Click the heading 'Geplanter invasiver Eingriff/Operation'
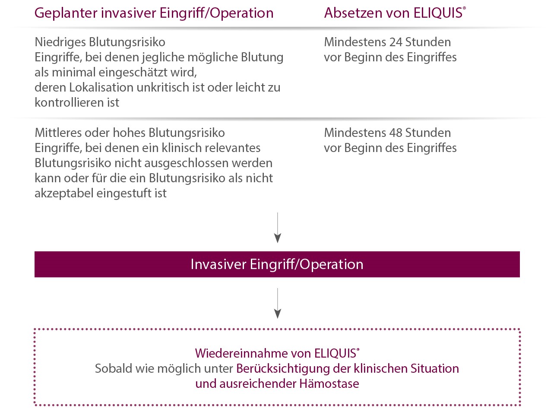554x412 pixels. (x=154, y=13)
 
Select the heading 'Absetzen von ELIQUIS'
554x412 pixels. (x=395, y=13)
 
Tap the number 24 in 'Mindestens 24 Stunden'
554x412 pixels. (x=395, y=42)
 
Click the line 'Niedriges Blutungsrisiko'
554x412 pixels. (x=100, y=42)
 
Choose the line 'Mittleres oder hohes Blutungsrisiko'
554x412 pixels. (x=130, y=133)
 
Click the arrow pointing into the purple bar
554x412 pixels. (x=277, y=228)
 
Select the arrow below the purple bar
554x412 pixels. (x=277, y=303)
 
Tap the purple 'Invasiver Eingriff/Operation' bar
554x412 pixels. (x=277, y=264)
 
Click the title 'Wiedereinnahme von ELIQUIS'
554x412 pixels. (x=277, y=353)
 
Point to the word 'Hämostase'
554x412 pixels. (x=329, y=383)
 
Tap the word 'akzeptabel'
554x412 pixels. (x=64, y=193)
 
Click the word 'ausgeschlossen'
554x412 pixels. (x=184, y=163)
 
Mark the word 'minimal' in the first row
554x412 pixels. (x=74, y=73)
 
